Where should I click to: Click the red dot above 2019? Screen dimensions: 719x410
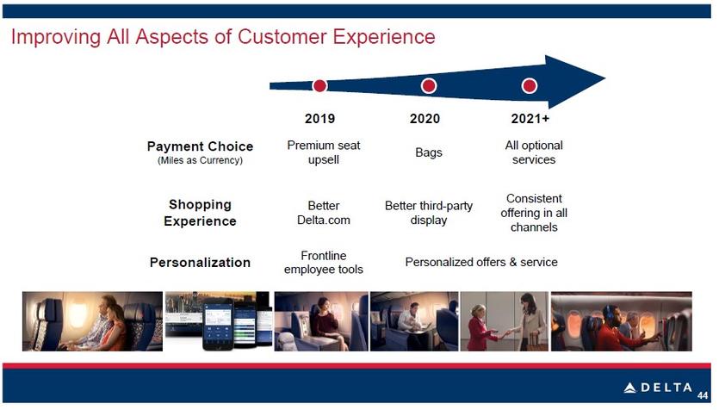click(x=319, y=86)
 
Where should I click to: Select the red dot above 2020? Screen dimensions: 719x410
click(x=429, y=86)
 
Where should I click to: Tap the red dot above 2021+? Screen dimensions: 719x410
click(x=530, y=86)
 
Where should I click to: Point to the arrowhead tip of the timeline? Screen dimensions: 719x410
click(x=605, y=78)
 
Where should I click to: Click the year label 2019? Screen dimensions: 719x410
click(x=320, y=119)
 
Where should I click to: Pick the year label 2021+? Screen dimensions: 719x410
click(x=530, y=119)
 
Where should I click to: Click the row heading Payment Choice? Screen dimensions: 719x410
click(x=200, y=146)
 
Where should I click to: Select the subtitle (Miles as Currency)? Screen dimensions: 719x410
click(x=200, y=160)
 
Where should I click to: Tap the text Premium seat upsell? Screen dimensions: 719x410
click(x=324, y=152)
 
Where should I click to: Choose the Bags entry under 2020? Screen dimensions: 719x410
click(x=429, y=152)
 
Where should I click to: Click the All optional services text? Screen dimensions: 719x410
click(x=534, y=152)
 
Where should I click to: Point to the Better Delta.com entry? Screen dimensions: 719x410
click(x=324, y=213)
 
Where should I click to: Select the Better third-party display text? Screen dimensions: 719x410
click(x=429, y=213)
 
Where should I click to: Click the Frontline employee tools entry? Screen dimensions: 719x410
click(x=324, y=263)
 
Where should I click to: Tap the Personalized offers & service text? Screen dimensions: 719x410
click(x=481, y=263)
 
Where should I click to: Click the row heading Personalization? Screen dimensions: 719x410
click(x=200, y=263)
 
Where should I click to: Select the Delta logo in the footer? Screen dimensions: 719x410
click(x=658, y=388)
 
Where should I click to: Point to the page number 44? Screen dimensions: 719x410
click(x=703, y=395)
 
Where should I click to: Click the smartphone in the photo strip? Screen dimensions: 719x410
click(x=218, y=324)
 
